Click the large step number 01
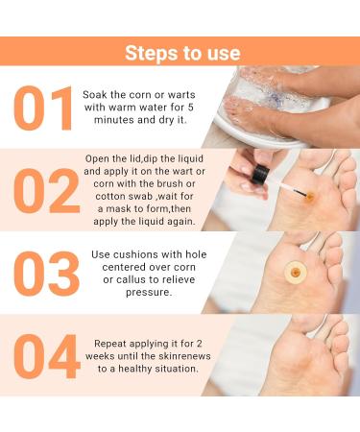coord(45,109)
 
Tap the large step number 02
coord(45,190)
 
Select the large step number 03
coord(45,272)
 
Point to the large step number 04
coord(45,356)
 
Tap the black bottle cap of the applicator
coord(260,176)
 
